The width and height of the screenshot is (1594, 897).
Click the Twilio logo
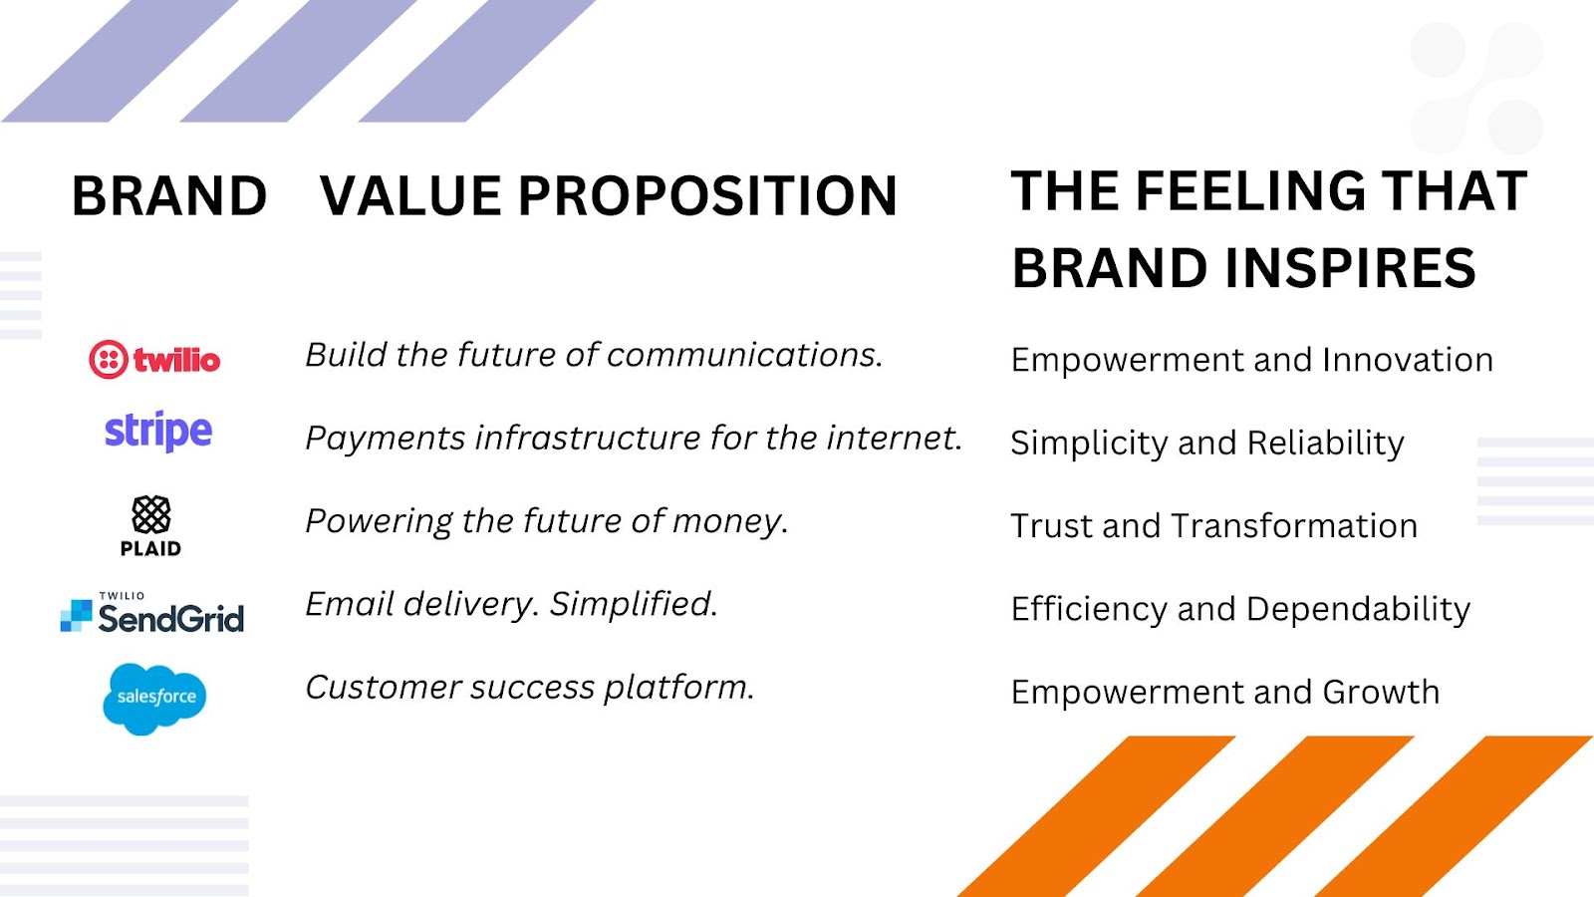[154, 360]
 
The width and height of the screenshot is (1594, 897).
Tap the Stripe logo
[158, 432]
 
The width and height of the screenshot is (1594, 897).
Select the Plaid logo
[150, 526]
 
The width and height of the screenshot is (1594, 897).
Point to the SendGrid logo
[151, 613]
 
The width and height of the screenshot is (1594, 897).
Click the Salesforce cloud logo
[154, 699]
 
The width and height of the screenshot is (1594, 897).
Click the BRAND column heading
[169, 195]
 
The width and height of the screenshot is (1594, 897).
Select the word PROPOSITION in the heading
[707, 195]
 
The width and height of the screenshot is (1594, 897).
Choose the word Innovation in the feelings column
[1408, 360]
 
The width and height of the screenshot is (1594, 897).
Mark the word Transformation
[1294, 526]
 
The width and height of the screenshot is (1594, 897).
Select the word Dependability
[1359, 610]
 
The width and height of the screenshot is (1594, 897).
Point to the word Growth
[1381, 692]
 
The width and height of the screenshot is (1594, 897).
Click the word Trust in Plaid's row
[1052, 526]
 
